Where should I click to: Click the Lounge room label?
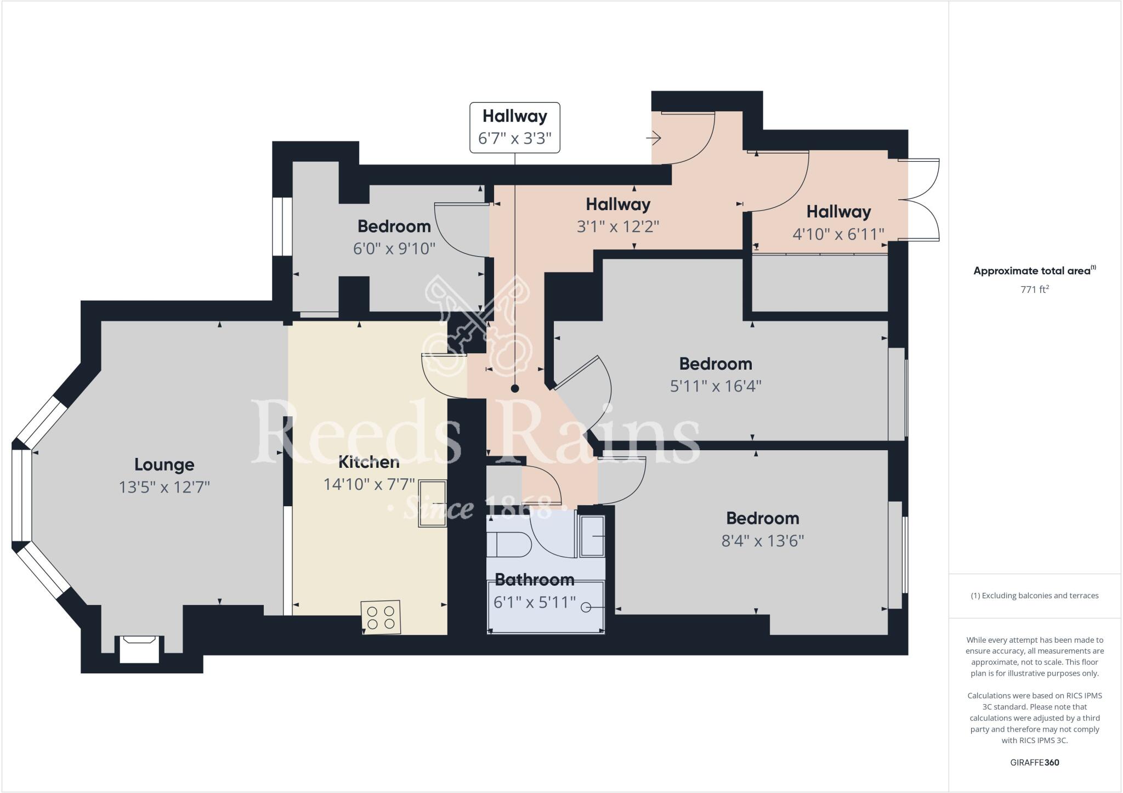164,465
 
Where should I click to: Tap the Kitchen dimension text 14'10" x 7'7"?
368,484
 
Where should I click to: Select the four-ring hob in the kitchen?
381,618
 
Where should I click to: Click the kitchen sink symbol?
433,503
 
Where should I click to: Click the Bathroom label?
534,580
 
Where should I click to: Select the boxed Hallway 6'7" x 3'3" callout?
514,127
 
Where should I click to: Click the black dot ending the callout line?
514,388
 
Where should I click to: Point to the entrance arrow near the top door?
654,138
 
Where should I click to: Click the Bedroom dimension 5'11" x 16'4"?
715,386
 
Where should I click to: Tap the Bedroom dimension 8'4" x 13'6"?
762,541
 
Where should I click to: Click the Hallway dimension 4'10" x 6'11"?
838,234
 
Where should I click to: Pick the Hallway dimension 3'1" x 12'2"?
617,226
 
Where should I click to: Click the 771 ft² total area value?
1034,289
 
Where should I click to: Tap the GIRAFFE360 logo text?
1034,762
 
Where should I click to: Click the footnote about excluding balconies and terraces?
1034,596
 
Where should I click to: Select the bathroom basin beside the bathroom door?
592,536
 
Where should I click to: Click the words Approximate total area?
1031,270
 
